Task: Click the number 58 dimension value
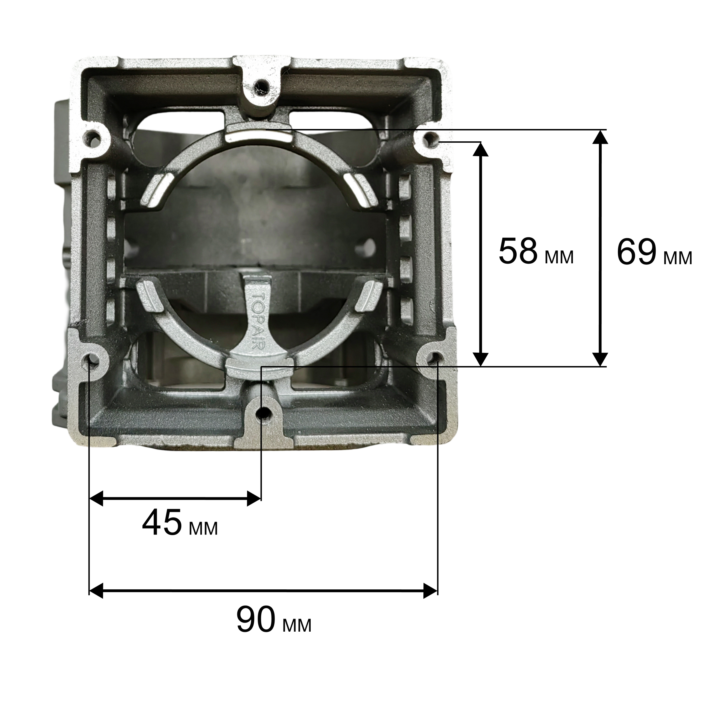(518, 251)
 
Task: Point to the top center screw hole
(261, 85)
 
